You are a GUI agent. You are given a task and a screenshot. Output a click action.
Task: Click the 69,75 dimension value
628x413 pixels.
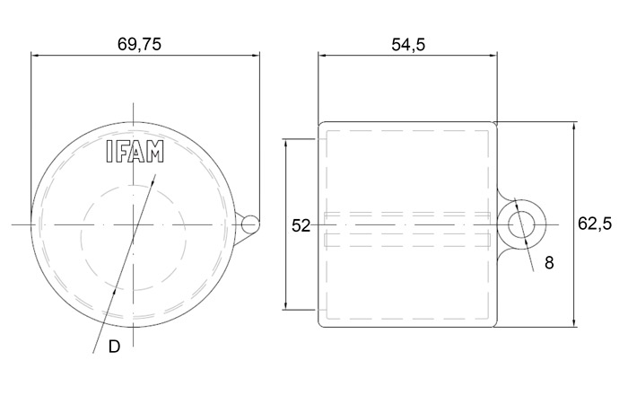tap(139, 44)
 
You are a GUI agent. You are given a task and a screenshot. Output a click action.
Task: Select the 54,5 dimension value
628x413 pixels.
tap(408, 45)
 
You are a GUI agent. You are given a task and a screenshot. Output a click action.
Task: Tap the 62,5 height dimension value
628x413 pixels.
tap(595, 224)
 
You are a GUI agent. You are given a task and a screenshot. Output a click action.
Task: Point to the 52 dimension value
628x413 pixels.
tap(301, 225)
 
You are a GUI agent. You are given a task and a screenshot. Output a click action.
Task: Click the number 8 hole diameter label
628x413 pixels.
tap(549, 263)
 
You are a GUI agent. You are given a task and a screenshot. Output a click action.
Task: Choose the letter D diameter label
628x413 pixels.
tap(114, 347)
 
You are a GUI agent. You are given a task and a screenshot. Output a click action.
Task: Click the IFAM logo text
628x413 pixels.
tap(135, 151)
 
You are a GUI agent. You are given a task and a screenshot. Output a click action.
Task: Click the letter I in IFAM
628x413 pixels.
tap(109, 151)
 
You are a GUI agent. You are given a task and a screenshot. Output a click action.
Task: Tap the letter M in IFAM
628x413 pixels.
tap(154, 151)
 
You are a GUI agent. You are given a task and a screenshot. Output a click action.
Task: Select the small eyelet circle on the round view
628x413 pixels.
tap(250, 224)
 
